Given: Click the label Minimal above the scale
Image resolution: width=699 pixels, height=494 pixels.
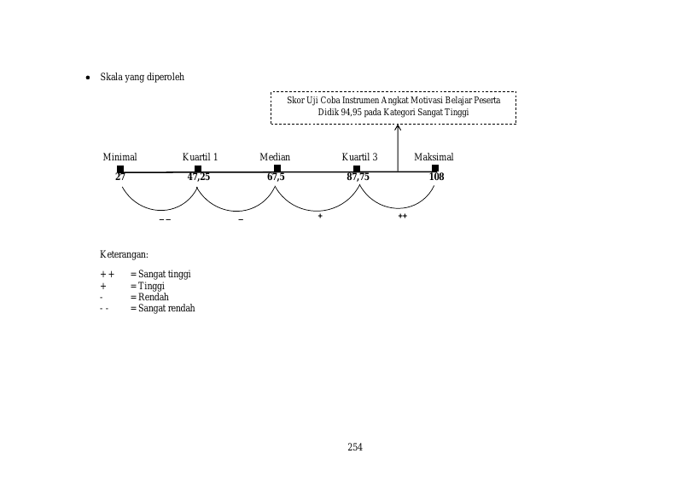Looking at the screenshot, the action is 120,157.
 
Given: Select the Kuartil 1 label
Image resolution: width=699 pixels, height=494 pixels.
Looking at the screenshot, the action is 200,157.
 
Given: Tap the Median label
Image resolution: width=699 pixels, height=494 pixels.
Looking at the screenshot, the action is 275,157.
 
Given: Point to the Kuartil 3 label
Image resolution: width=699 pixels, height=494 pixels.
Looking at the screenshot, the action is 359,157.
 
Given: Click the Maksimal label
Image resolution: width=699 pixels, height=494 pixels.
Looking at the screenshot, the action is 434,157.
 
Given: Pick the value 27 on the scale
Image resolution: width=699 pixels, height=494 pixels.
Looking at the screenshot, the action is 120,177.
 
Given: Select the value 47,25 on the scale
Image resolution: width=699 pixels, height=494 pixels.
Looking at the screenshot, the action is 198,177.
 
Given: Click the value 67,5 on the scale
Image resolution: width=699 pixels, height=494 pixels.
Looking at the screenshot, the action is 276,177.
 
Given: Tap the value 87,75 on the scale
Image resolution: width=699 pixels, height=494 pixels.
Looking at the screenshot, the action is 358,177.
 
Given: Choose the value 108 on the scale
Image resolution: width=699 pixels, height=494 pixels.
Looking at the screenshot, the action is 436,177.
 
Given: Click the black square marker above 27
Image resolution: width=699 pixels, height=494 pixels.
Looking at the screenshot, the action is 120,169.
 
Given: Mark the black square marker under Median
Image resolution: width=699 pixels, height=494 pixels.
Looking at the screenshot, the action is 277,168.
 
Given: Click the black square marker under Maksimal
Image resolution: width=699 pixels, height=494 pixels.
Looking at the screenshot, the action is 435,168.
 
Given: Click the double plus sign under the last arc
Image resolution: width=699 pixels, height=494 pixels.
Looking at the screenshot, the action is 403,216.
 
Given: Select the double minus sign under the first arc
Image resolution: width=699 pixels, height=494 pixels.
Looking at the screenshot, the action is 165,219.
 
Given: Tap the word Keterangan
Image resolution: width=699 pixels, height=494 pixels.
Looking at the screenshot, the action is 124,254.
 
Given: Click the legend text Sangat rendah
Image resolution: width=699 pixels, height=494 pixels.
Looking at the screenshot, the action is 166,308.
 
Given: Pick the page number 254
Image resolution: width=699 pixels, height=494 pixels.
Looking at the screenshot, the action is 355,447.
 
